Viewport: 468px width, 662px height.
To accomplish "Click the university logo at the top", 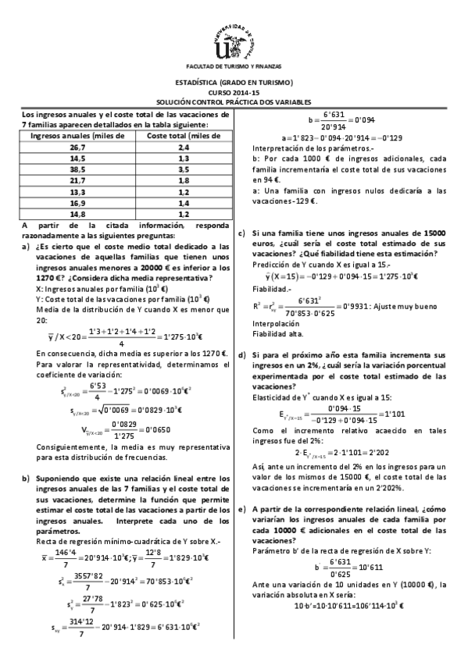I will pos(234,39).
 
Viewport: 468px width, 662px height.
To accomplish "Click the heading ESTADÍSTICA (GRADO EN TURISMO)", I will pos(234,83).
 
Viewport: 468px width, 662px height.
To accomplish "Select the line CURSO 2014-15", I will pos(234,92).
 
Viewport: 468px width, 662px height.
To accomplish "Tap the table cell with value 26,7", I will pos(77,147).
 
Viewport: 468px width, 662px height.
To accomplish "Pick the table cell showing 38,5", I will pos(77,169).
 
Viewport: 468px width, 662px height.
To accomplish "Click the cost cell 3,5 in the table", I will pos(184,169).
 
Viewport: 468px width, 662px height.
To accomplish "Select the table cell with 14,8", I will pos(77,213).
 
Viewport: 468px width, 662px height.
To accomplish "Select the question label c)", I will pos(242,233).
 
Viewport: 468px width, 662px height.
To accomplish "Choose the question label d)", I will pos(242,355).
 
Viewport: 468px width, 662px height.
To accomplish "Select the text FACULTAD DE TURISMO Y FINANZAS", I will pos(234,67).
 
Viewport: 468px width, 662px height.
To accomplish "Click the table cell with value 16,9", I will pos(77,202).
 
